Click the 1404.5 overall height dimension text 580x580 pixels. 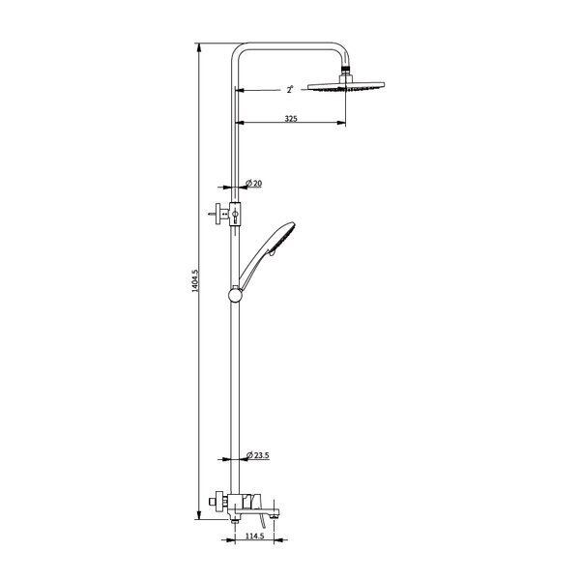click(195, 280)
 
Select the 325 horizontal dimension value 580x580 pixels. click(291, 119)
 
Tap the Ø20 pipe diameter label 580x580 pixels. click(253, 183)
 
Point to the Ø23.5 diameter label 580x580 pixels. click(258, 455)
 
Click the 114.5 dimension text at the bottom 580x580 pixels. click(255, 536)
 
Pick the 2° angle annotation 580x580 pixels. click(290, 89)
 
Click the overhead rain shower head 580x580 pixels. click(346, 86)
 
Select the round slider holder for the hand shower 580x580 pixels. click(235, 295)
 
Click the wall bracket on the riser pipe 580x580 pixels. click(225, 215)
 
